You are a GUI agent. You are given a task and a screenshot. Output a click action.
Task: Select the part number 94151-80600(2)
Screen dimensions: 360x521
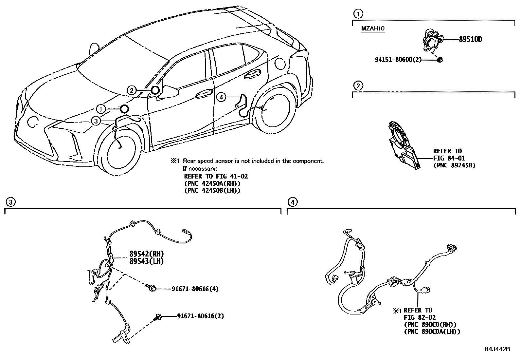click(x=398, y=60)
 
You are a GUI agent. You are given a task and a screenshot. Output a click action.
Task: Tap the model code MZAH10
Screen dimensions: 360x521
click(x=373, y=28)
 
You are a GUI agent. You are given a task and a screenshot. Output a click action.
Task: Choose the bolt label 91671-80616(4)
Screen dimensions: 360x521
click(x=195, y=289)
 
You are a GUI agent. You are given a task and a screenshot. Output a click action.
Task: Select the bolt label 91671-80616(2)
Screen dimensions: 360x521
click(x=201, y=316)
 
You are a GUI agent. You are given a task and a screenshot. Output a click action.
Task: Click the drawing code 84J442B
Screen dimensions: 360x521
click(x=497, y=349)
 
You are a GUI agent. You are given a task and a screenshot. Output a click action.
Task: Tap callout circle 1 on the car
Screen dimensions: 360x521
click(x=101, y=109)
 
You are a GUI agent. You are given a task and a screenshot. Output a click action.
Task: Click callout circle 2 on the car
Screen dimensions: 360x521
click(x=131, y=90)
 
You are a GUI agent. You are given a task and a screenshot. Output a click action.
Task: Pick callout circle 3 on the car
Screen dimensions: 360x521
click(x=95, y=121)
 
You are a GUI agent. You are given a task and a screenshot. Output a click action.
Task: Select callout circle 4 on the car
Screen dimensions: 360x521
click(x=221, y=97)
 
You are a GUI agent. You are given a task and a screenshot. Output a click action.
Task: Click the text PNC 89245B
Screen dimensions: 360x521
click(x=454, y=165)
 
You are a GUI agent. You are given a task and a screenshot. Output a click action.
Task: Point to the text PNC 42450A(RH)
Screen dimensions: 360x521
click(x=212, y=183)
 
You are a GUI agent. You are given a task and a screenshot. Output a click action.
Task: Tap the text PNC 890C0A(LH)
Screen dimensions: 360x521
click(x=432, y=332)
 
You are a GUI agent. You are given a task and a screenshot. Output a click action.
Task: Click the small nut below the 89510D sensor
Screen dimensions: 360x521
click(x=440, y=60)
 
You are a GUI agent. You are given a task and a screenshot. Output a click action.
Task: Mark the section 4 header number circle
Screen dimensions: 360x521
click(x=293, y=202)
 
